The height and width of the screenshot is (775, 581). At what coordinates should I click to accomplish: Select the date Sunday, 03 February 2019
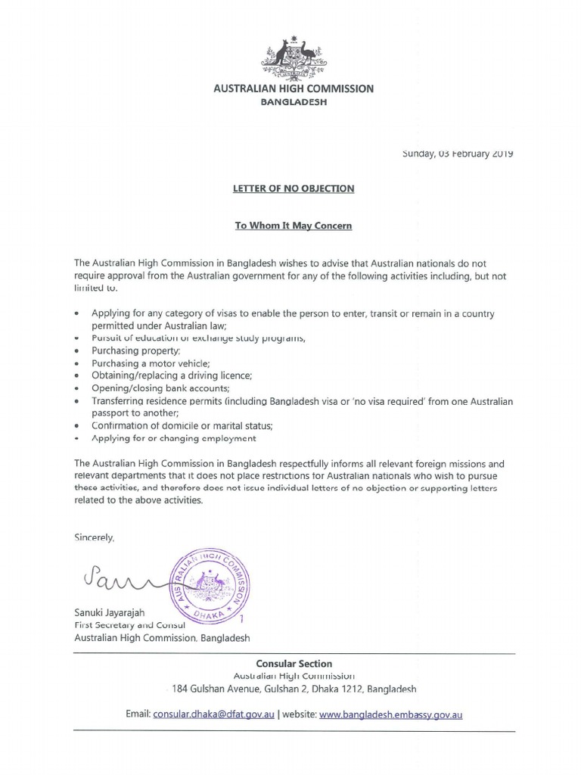click(x=458, y=154)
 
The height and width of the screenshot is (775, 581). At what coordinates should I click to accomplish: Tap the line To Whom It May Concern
click(x=294, y=226)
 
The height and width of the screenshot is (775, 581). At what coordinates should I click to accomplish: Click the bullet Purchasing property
click(x=135, y=351)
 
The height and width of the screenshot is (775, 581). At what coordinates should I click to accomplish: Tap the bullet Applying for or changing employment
click(x=173, y=438)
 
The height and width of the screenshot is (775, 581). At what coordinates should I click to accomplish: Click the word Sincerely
click(x=95, y=538)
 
